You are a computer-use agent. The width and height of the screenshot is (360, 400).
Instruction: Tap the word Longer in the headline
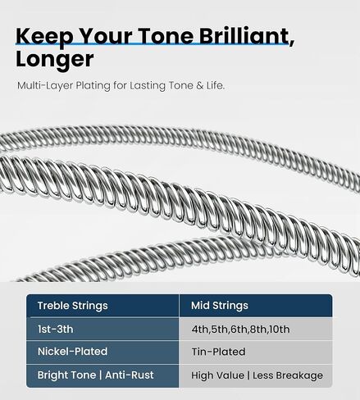(54, 60)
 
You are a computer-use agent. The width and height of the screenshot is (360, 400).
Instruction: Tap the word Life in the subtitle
(212, 85)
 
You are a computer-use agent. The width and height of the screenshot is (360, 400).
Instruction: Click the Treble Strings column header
(72, 306)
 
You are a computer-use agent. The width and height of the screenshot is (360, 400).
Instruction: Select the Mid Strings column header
(219, 306)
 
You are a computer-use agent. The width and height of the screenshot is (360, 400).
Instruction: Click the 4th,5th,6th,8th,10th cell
(240, 330)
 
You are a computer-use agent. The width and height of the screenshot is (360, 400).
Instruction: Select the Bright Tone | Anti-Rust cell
(95, 375)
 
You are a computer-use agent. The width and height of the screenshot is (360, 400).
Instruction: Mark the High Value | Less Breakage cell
(257, 375)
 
